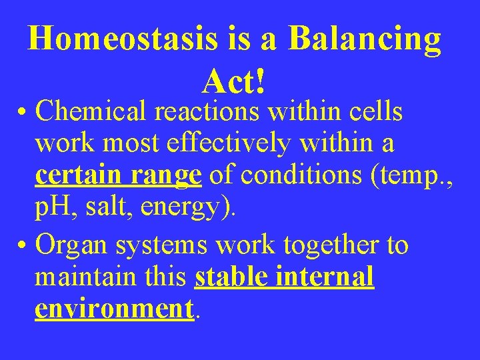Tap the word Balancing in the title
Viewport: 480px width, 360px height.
365,40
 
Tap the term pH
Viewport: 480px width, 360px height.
55,209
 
